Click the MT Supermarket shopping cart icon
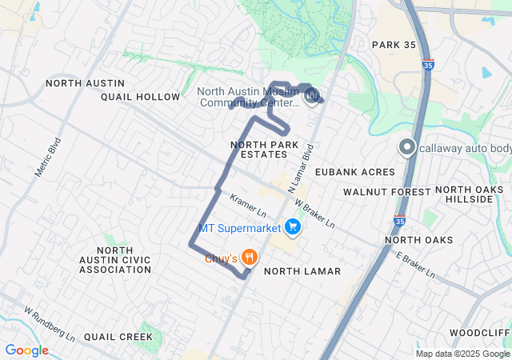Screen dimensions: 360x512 coord(293,228)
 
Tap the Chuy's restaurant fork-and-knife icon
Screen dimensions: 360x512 coord(250,258)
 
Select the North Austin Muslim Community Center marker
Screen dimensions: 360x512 coord(313,97)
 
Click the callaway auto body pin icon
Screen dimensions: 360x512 coord(407,148)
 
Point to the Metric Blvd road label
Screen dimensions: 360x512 coord(49,161)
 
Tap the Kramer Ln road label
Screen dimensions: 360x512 coord(248,206)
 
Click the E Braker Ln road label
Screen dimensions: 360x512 coord(415,265)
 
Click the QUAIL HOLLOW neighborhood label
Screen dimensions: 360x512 coord(141,97)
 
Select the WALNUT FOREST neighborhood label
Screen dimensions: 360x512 coord(387,192)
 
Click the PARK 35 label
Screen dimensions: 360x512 coord(394,45)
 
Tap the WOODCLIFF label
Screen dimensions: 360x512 coord(480,332)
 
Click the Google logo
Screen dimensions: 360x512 coord(26,350)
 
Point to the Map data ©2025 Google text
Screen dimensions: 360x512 coord(462,354)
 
